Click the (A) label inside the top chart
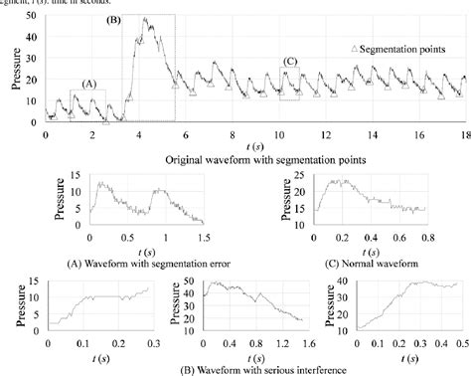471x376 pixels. pos(90,85)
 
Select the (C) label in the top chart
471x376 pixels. pos(290,62)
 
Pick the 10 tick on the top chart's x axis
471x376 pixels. pos(279,133)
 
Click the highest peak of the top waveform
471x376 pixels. pos(146,19)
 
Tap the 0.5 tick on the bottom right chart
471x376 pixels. pos(461,343)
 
